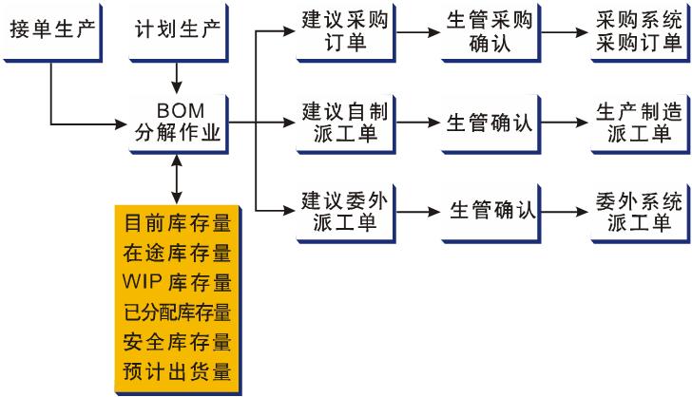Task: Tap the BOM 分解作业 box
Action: [178, 121]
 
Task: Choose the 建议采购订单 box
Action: [337, 30]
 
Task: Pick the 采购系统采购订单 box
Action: [636, 30]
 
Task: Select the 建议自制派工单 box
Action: [337, 121]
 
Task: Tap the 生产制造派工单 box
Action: [636, 121]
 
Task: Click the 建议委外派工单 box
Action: [337, 211]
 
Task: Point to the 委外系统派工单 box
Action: [636, 211]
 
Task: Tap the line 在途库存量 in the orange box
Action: [178, 254]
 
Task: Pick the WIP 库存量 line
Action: [178, 283]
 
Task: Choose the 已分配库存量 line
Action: [178, 312]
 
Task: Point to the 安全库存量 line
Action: [178, 341]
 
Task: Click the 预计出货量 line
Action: [178, 369]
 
